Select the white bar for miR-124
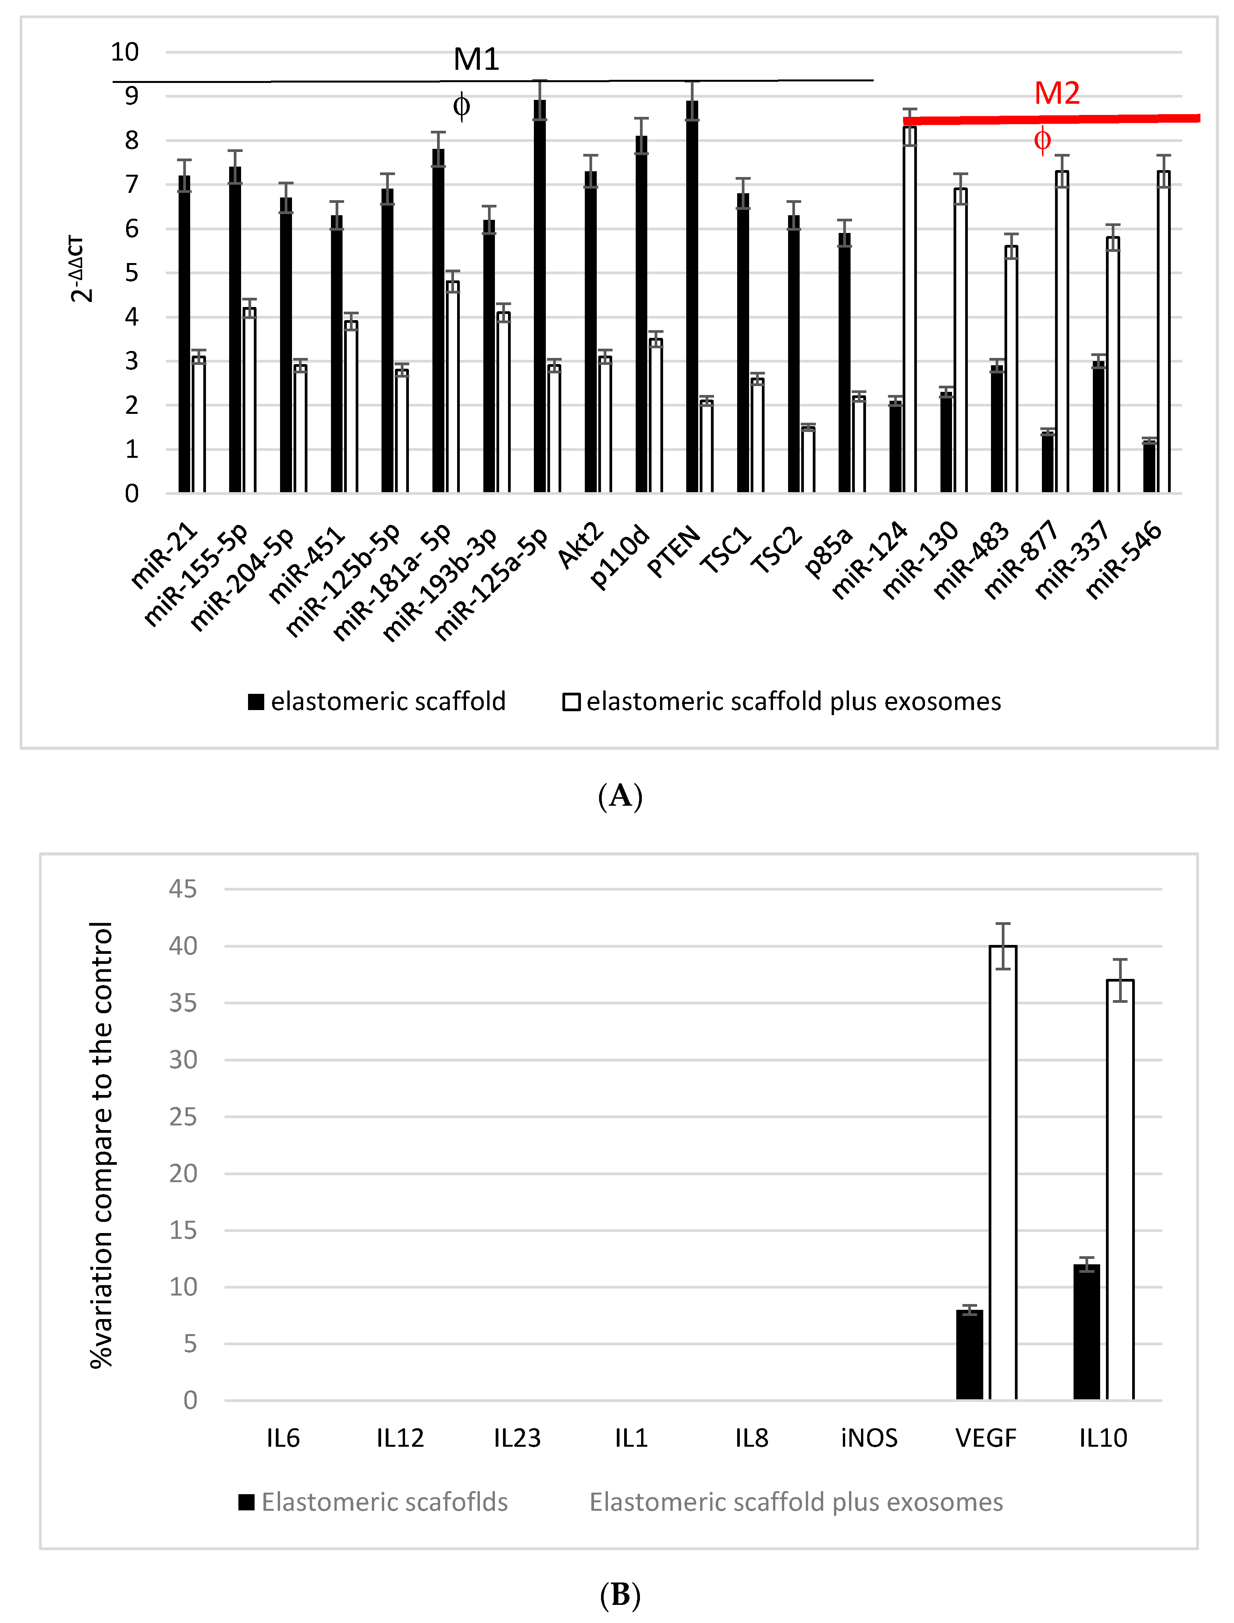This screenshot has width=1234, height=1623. pos(909,309)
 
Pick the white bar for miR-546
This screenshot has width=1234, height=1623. pos(1163,331)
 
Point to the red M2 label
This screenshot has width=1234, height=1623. pos(1057,93)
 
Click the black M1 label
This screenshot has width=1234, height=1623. pos(476,59)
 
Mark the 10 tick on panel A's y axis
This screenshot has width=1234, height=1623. pos(125,52)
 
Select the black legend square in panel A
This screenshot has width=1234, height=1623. pos(256,702)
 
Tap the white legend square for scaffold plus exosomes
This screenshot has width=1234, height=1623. pos(571,702)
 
